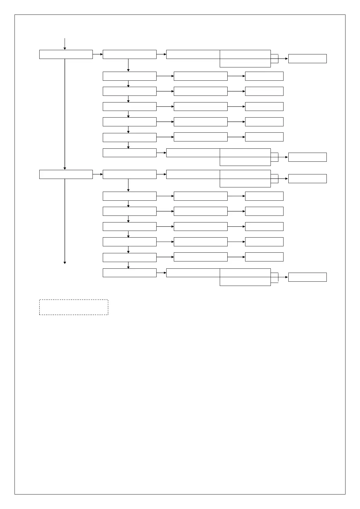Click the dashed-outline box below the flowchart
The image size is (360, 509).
click(x=73, y=307)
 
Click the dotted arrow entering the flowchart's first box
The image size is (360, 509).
click(x=65, y=44)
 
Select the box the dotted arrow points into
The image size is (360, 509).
click(x=66, y=54)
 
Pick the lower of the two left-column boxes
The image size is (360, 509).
click(x=66, y=174)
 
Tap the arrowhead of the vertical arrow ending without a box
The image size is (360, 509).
click(x=65, y=262)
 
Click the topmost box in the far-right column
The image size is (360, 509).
click(x=307, y=59)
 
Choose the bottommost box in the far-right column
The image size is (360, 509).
click(x=307, y=277)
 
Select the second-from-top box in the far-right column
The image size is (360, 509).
click(x=307, y=157)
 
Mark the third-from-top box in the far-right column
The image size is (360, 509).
click(x=307, y=179)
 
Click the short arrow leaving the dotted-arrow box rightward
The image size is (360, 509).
click(x=98, y=54)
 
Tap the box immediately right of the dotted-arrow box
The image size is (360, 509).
click(x=129, y=54)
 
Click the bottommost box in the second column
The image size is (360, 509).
click(x=129, y=273)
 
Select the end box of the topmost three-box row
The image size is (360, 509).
click(x=264, y=76)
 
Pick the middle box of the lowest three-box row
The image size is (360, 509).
click(x=200, y=257)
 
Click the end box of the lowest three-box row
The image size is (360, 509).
click(x=264, y=257)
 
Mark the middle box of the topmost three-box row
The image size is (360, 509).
click(x=200, y=76)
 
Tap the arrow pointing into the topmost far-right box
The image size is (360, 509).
click(x=283, y=59)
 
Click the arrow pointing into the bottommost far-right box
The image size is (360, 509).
click(x=283, y=277)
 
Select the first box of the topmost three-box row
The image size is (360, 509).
click(x=129, y=76)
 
